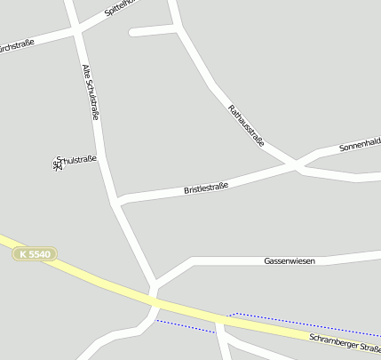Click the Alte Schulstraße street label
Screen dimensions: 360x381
pyautogui.click(x=91, y=92)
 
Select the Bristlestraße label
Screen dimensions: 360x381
pyautogui.click(x=206, y=188)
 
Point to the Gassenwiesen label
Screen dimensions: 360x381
pyautogui.click(x=290, y=261)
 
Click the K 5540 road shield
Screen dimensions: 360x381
pyautogui.click(x=35, y=254)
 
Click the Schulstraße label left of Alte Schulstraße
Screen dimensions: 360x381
pyautogui.click(x=75, y=160)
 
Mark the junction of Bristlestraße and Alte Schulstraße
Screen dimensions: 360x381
pyautogui.click(x=118, y=201)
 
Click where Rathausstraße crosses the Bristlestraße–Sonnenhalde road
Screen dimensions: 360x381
pyautogui.click(x=295, y=164)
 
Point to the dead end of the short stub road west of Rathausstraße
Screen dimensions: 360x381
pyautogui.click(x=132, y=33)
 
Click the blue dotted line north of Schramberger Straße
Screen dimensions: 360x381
pyautogui.click(x=302, y=323)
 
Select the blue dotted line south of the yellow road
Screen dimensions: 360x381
pyautogui.click(x=187, y=326)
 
